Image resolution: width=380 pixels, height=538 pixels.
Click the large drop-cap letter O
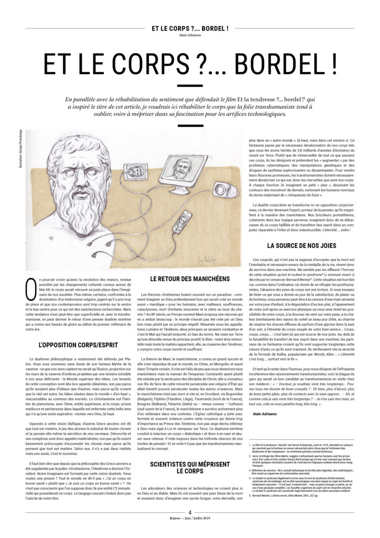tap(31, 291)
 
